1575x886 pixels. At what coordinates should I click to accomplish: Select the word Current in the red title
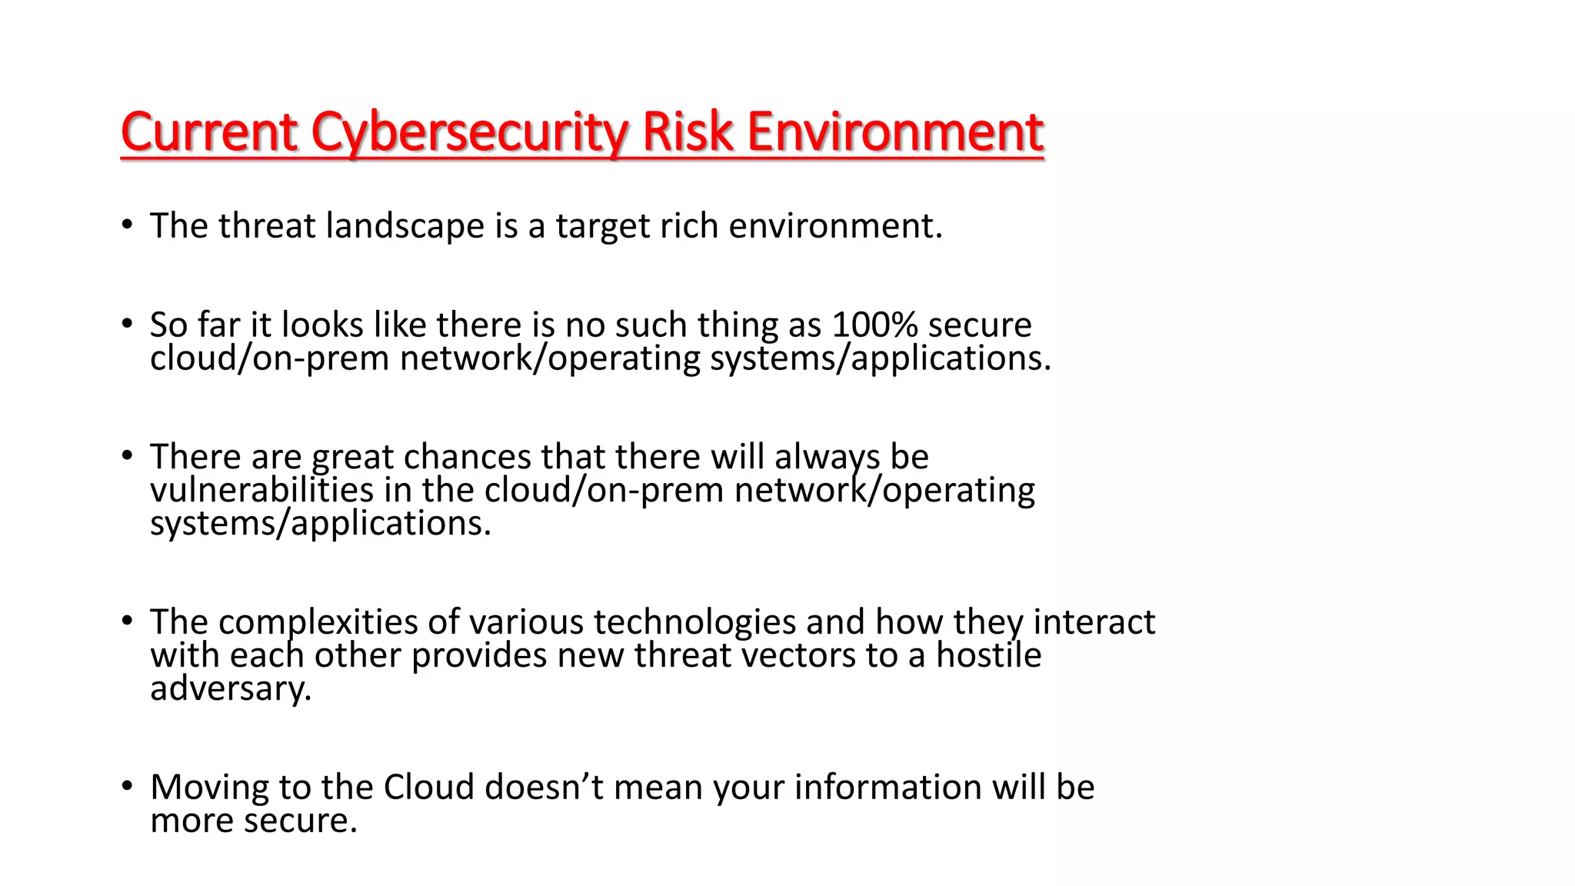209,132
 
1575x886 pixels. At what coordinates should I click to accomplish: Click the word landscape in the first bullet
405,226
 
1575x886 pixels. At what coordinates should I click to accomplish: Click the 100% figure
874,325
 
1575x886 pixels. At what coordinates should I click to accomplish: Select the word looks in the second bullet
322,325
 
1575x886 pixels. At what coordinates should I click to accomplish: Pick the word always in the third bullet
827,457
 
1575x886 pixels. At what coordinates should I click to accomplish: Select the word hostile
988,655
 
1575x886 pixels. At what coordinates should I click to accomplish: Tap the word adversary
231,688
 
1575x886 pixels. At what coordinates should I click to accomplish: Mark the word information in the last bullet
887,788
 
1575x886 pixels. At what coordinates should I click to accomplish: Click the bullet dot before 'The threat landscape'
128,226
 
